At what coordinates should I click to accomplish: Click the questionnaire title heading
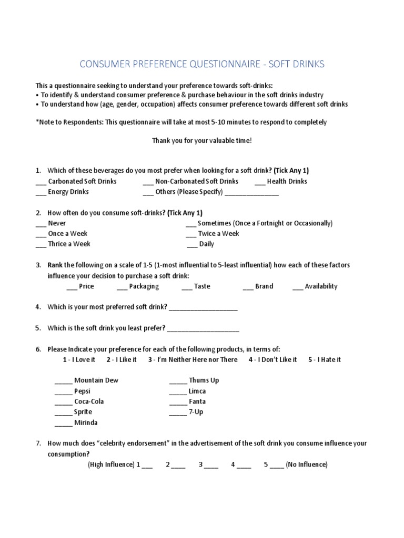click(x=202, y=64)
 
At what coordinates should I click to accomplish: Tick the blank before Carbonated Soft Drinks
click(x=41, y=182)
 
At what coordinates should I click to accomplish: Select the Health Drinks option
click(x=287, y=181)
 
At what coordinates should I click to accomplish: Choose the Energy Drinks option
click(x=68, y=192)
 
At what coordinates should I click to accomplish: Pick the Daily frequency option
click(x=207, y=244)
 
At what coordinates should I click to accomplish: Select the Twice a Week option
click(x=218, y=233)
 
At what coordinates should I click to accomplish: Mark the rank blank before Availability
click(x=298, y=287)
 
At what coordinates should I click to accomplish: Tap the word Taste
click(x=202, y=286)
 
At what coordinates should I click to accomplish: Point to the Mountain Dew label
click(x=96, y=380)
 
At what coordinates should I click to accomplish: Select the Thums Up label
click(x=204, y=380)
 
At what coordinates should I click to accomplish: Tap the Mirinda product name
click(x=86, y=422)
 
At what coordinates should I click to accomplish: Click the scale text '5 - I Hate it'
click(x=325, y=359)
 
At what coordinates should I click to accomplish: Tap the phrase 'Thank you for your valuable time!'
click(x=202, y=141)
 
